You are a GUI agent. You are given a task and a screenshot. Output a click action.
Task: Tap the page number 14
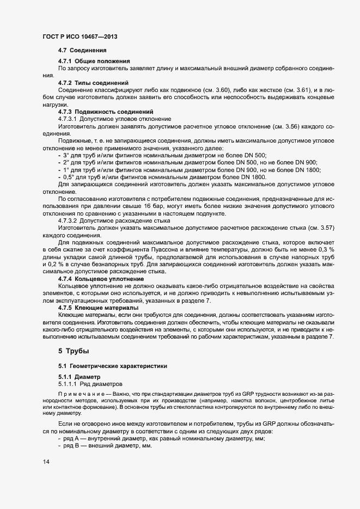pos(46,462)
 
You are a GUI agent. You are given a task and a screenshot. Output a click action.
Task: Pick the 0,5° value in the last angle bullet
pos(68,177)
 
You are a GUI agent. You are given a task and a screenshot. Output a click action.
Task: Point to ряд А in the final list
pos(72,438)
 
